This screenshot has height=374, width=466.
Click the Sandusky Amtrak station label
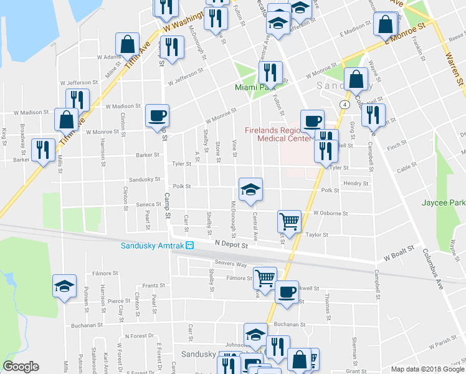(x=153, y=245)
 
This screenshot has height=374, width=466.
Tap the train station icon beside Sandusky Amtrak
(x=191, y=245)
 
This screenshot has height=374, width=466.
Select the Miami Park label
(x=255, y=87)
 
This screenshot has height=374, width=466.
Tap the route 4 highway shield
(x=343, y=103)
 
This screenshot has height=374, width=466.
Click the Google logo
(x=21, y=366)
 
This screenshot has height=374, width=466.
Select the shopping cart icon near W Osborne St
(x=289, y=220)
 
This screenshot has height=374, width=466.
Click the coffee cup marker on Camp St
(x=157, y=115)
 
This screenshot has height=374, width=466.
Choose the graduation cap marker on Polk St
(x=250, y=189)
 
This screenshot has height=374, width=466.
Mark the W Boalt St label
(x=399, y=256)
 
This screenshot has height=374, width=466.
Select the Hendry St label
(x=356, y=183)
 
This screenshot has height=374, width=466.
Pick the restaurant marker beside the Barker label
(x=43, y=150)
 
